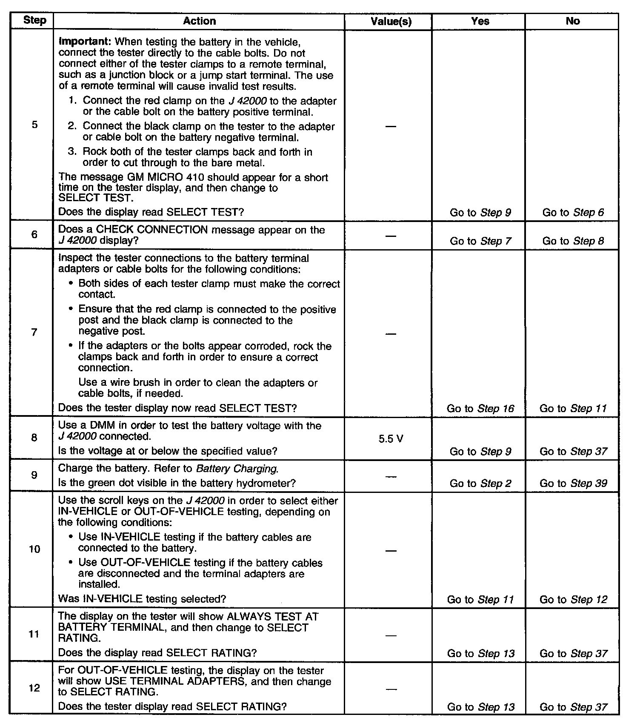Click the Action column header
[x=199, y=21]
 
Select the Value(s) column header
[x=391, y=21]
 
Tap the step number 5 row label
[x=34, y=125]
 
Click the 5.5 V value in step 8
[x=391, y=439]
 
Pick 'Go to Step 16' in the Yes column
[x=480, y=409]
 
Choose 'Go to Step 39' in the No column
[x=573, y=484]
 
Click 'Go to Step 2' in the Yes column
[x=480, y=484]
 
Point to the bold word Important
[x=85, y=42]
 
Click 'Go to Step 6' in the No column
[x=573, y=213]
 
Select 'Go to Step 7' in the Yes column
[x=480, y=241]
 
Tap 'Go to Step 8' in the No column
[x=573, y=241]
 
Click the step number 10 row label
[x=34, y=549]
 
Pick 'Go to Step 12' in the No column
[x=573, y=600]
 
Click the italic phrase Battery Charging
[x=237, y=469]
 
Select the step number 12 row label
[x=34, y=688]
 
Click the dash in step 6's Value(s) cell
[x=391, y=236]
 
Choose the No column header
[x=573, y=21]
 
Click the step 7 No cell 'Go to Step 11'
[x=573, y=409]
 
